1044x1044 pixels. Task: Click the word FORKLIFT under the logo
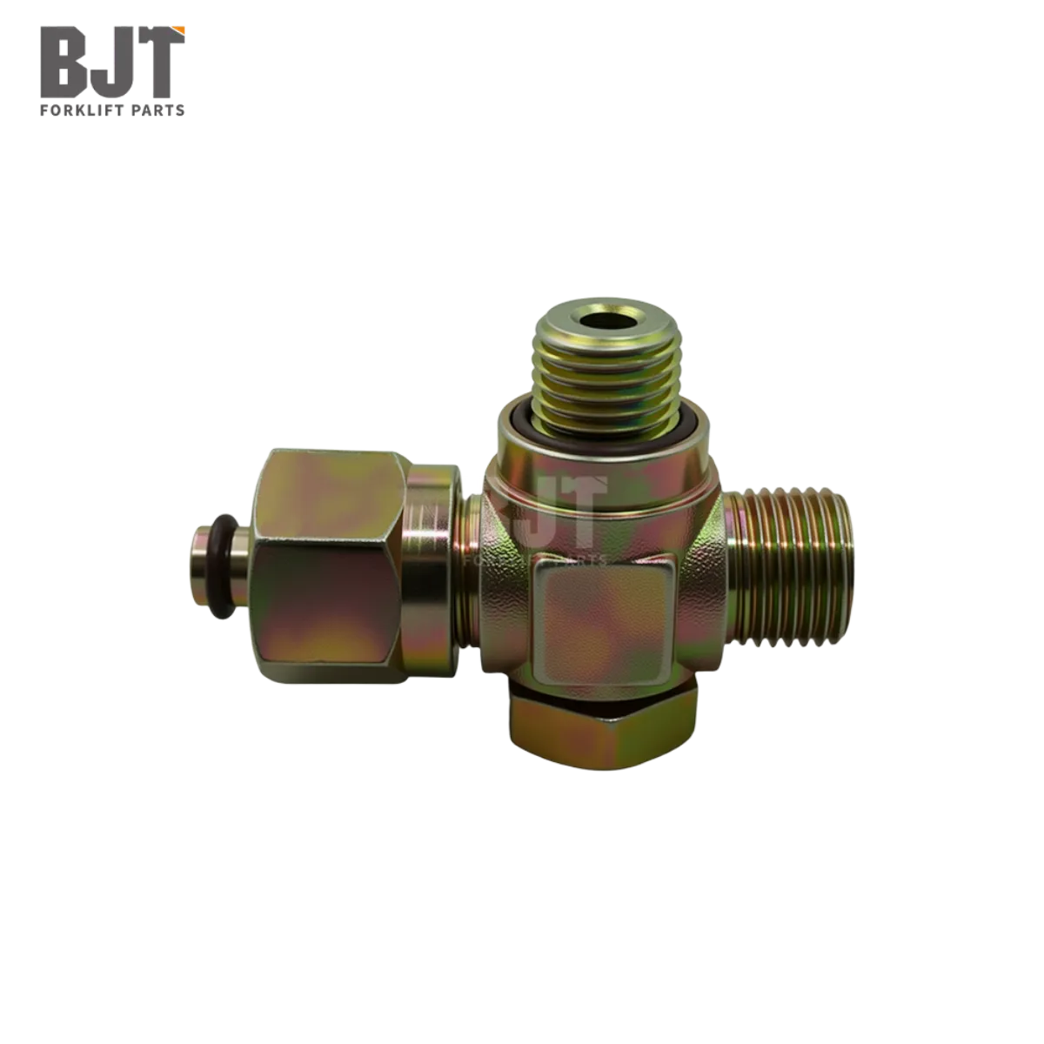pos(84,110)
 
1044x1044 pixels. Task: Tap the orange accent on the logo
pos(179,31)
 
